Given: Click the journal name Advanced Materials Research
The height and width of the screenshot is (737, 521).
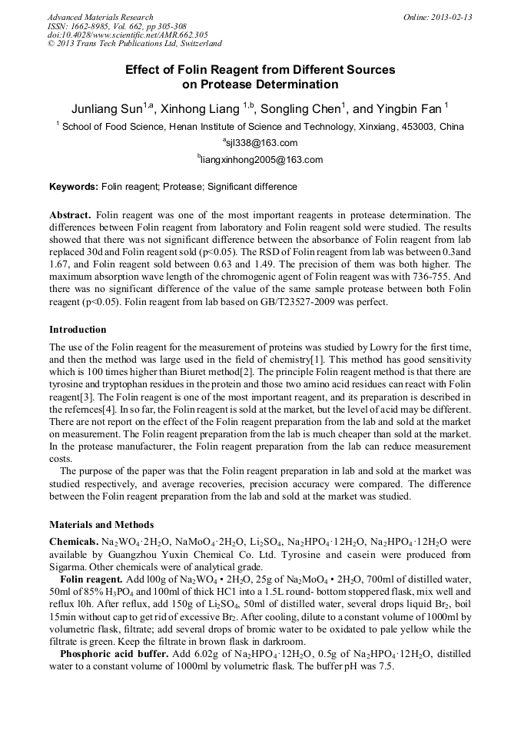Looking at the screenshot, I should [100, 17].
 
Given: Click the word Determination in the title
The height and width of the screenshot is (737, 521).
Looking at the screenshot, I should [290, 85].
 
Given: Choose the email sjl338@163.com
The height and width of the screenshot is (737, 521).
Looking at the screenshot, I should [262, 143].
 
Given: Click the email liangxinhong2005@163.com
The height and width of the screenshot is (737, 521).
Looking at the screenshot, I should [262, 160].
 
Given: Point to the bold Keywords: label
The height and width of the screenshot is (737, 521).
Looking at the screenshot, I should [74, 187].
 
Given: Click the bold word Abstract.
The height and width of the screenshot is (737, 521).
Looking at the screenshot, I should [71, 214].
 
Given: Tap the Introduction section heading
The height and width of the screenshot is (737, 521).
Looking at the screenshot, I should [78, 329].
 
